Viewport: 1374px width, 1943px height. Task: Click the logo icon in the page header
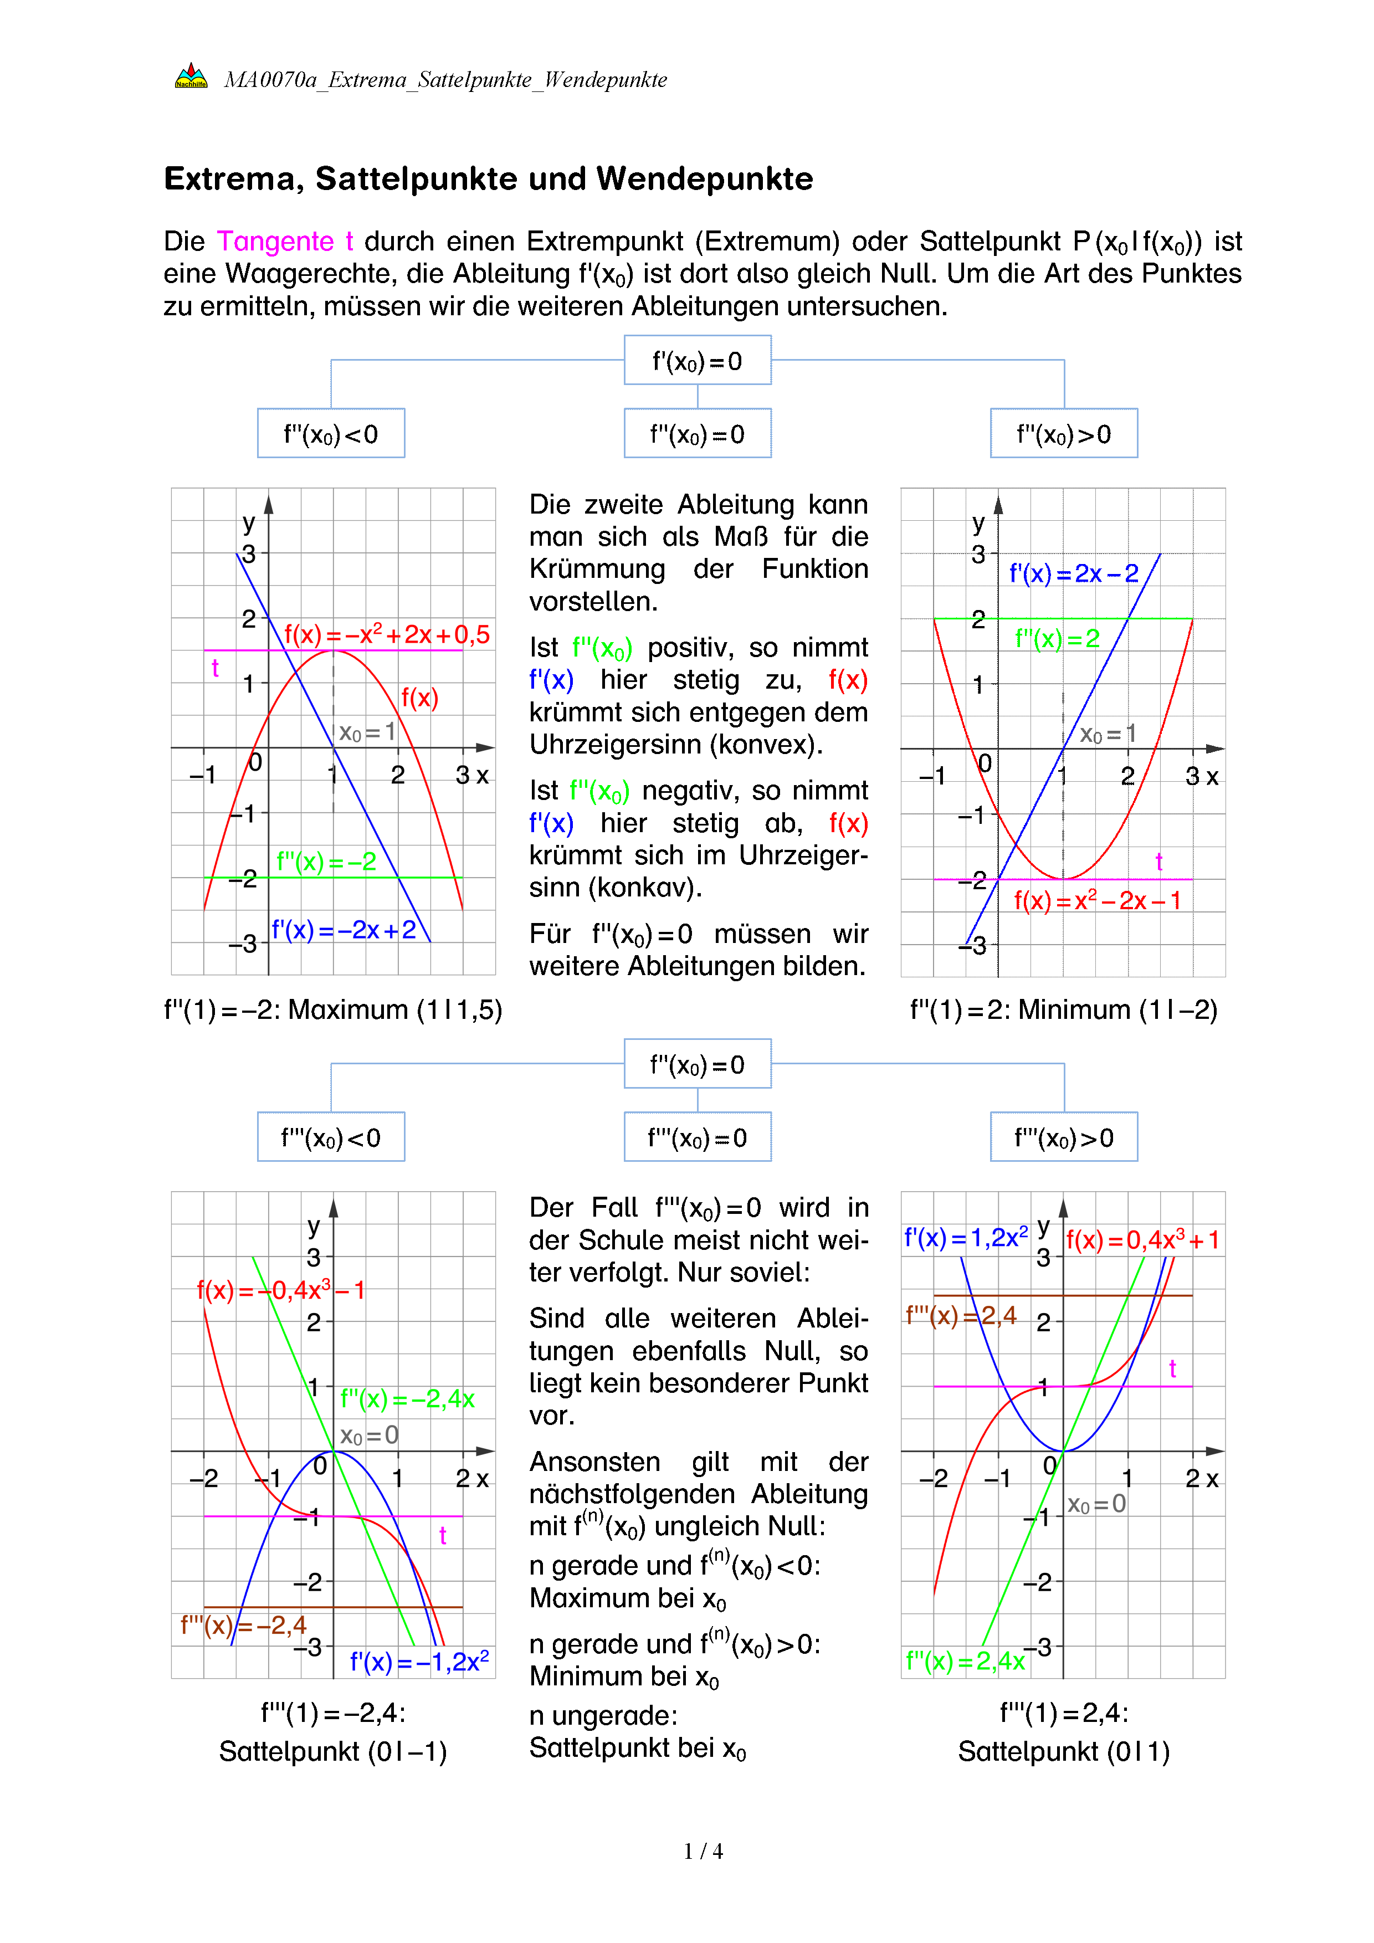[x=191, y=77]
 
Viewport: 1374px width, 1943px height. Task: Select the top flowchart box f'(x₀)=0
[x=697, y=361]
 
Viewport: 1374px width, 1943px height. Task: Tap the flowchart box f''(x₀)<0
[x=331, y=434]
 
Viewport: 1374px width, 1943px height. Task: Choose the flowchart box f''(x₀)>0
[x=1064, y=434]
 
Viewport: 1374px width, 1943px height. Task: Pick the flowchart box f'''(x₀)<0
[x=331, y=1137]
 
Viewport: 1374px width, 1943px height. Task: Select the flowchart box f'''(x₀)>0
[x=1064, y=1137]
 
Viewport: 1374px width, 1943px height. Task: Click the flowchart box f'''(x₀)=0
[x=697, y=1137]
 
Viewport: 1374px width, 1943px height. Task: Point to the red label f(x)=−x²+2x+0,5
[x=387, y=635]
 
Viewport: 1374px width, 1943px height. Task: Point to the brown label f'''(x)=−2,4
[x=244, y=1625]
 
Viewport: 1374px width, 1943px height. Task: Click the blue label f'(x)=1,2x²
[x=965, y=1238]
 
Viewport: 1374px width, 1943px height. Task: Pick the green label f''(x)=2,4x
[x=965, y=1661]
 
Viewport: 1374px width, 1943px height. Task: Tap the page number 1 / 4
[x=703, y=1852]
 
